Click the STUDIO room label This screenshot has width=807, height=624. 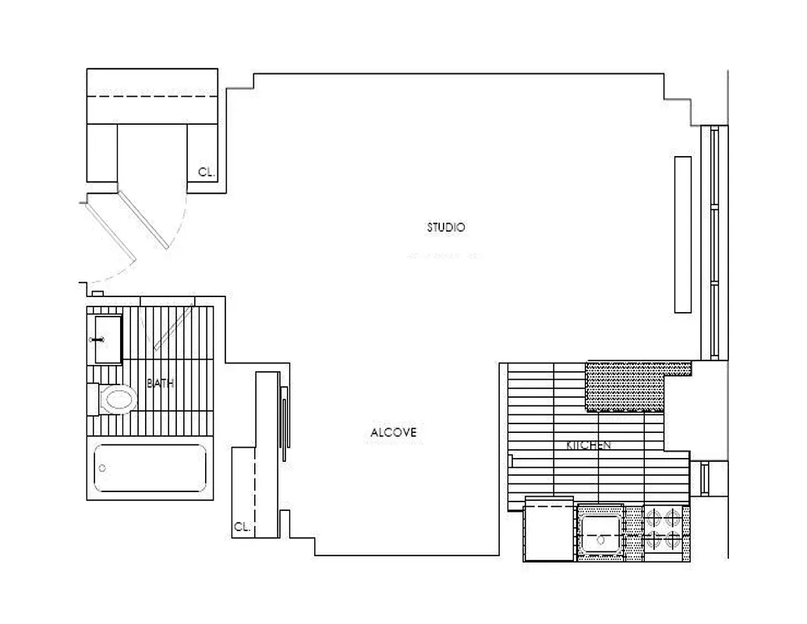(x=446, y=228)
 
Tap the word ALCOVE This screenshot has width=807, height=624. (x=394, y=432)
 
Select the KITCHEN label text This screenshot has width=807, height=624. (x=588, y=445)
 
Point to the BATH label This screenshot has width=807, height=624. (x=161, y=384)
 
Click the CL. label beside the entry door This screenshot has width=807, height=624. (x=206, y=173)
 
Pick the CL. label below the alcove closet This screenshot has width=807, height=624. (x=242, y=527)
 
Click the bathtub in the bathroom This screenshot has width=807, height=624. (x=150, y=469)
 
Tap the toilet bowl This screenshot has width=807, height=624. (x=118, y=400)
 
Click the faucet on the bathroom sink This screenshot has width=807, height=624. (x=98, y=340)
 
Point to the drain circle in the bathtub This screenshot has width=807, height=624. (x=102, y=469)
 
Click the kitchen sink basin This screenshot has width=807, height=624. (x=600, y=531)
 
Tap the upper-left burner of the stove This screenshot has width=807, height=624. (x=653, y=516)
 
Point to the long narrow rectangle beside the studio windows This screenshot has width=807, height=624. (x=682, y=235)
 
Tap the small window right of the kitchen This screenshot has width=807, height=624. (x=705, y=477)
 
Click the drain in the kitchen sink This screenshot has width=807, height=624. (x=600, y=538)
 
